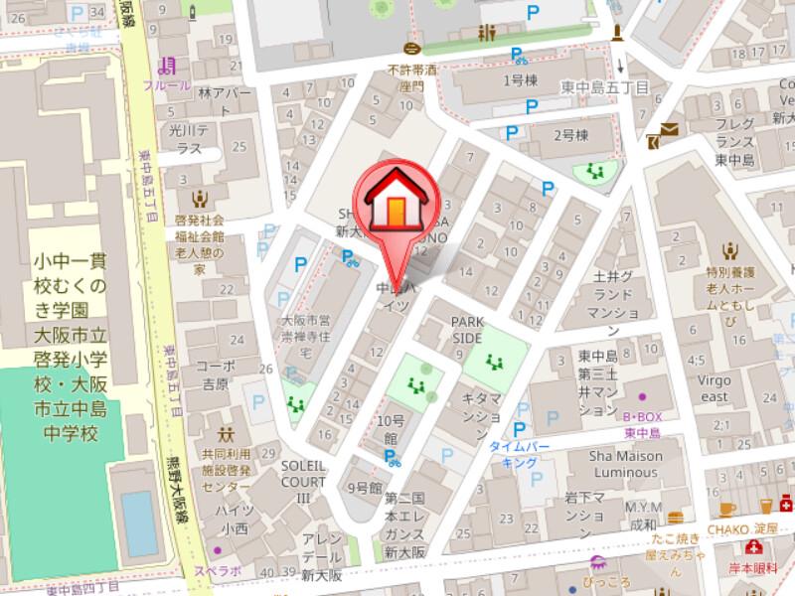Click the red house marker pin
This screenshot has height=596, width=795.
(395, 205)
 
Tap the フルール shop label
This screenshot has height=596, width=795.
(167, 85)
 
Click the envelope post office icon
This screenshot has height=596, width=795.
(667, 129)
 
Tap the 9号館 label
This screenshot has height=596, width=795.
(365, 488)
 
